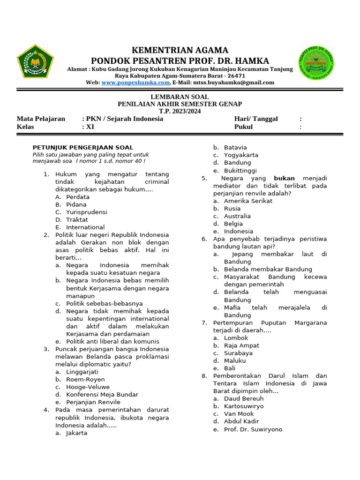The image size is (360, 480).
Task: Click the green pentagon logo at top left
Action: [x=35, y=64]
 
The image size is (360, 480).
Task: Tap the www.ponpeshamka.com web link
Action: [x=135, y=82]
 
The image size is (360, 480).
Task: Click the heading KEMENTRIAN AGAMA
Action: [x=180, y=50]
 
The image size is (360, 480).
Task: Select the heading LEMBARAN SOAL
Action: [x=180, y=97]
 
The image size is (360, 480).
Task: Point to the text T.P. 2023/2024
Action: [x=180, y=111]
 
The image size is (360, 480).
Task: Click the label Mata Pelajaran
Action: [x=41, y=119]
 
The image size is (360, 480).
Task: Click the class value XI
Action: [x=89, y=127]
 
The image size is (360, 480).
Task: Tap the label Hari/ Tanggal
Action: [x=256, y=119]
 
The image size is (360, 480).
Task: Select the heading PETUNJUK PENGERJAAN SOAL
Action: [x=82, y=148]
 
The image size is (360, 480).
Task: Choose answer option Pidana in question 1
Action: [x=76, y=205]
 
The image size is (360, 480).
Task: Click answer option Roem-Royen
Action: [x=85, y=380]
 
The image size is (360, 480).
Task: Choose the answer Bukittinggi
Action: [x=240, y=171]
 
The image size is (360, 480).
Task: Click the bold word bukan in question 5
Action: [x=284, y=179]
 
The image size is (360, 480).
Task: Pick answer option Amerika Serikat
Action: [x=248, y=201]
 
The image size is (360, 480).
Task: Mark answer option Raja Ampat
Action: [x=241, y=345]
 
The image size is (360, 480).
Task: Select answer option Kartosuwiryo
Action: [x=244, y=406]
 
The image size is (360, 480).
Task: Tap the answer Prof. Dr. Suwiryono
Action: [x=253, y=429]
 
